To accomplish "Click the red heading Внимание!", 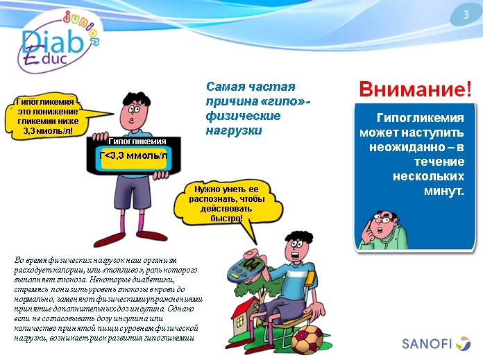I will coord(414,89).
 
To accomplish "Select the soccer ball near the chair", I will coord(308,340).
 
